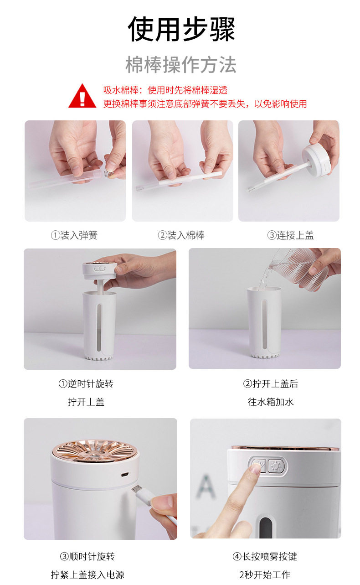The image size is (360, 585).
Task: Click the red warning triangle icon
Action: [82, 96]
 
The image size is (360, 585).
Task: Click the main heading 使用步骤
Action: [181, 29]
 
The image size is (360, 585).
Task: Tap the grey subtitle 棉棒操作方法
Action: [181, 64]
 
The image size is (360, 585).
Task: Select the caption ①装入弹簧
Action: [74, 235]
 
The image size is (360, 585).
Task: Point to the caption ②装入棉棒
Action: [181, 235]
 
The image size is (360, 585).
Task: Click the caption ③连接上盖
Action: [290, 235]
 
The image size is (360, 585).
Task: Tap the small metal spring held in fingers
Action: [107, 173]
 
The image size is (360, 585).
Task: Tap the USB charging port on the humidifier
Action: [125, 474]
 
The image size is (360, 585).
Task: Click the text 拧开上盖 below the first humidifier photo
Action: [86, 402]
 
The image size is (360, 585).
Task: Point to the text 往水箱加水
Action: [271, 402]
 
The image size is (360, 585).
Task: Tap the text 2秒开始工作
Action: [265, 575]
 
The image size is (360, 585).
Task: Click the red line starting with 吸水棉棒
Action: [165, 90]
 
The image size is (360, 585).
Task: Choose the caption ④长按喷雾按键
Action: [265, 557]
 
